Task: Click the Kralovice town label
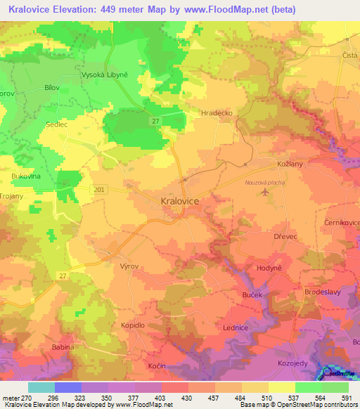pyautogui.click(x=175, y=201)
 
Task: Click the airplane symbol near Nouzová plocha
pyautogui.click(x=264, y=191)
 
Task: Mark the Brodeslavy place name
pyautogui.click(x=323, y=292)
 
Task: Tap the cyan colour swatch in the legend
pyautogui.click(x=41, y=387)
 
